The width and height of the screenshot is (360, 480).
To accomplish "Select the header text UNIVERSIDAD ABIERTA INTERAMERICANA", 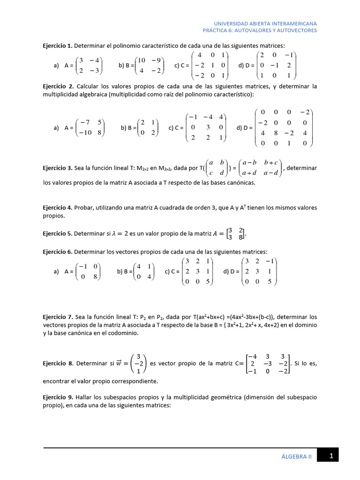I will [265, 23].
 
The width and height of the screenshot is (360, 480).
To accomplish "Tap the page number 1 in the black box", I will [331, 455].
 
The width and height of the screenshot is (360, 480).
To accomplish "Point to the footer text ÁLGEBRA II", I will [296, 455].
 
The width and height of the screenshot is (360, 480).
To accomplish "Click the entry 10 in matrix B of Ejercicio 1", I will [143, 60].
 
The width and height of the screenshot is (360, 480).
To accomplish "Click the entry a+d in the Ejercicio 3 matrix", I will [249, 173].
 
